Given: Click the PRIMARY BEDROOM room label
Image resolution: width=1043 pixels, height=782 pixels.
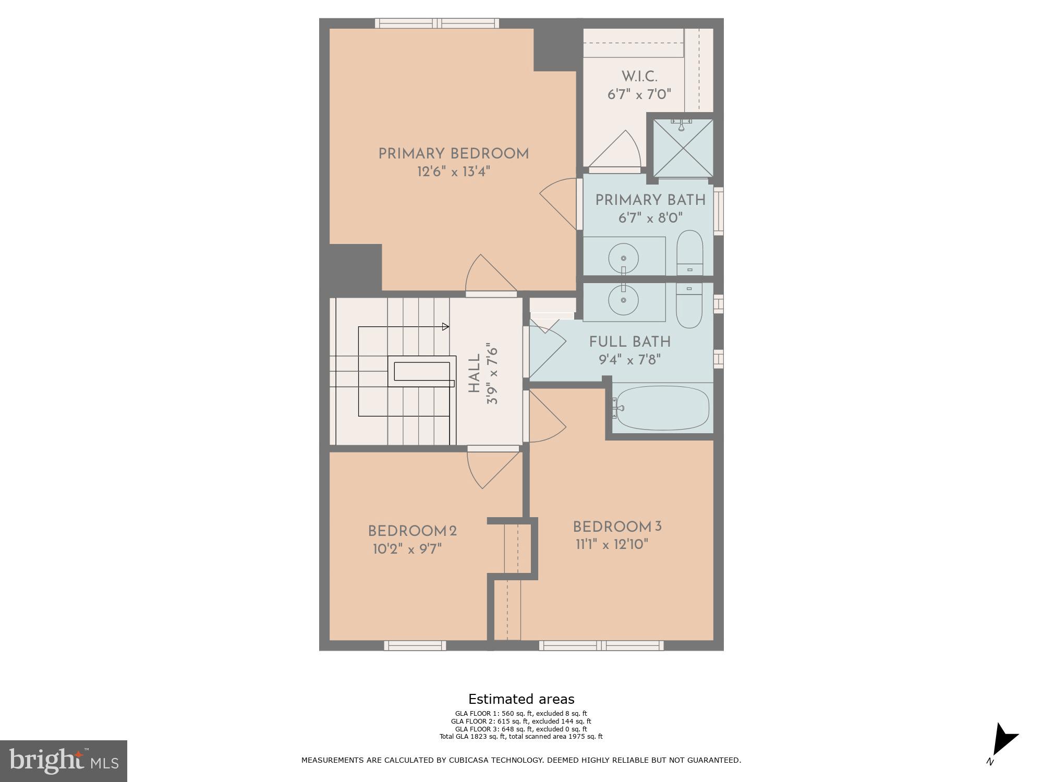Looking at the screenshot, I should pos(453,154).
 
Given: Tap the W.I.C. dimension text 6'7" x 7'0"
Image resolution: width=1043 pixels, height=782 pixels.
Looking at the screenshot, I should pos(639,94).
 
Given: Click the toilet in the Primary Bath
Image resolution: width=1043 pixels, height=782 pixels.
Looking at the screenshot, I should pos(689,254).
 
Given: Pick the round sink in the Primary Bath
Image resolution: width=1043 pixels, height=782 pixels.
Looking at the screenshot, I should pos(623,257).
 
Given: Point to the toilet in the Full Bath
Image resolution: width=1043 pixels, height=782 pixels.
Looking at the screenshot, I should pos(689,306).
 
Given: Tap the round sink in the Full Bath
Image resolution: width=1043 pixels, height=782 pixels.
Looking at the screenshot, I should pos(623,300).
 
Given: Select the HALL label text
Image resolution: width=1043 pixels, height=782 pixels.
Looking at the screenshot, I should pos(474,374).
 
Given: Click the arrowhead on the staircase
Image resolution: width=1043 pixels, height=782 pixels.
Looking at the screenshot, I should pos(445,327).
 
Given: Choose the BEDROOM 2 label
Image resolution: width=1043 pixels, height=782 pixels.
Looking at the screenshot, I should pos(412,531).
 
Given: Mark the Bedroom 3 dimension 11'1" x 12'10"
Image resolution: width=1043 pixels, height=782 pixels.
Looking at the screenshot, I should pos(612,544).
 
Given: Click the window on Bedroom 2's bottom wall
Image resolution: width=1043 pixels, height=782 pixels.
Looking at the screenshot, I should pos(415,645).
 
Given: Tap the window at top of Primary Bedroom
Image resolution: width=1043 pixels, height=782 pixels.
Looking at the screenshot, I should pos(437,23).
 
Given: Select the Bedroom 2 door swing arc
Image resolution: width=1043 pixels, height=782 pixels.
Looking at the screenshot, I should pos(490,469).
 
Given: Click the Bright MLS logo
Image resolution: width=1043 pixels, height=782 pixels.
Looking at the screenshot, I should pos(64,761).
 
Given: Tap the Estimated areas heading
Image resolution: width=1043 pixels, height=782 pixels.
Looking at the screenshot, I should pos(521,699).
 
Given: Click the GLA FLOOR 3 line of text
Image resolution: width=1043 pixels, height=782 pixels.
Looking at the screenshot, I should pos(520,729).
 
